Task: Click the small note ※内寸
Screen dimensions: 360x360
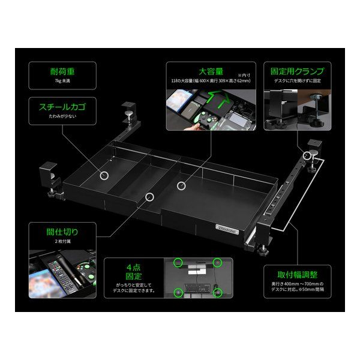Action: click(245, 74)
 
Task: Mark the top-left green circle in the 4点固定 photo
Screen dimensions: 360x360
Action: click(178, 263)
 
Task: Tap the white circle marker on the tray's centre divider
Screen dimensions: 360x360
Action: click(149, 196)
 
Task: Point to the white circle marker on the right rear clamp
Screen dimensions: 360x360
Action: click(308, 155)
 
